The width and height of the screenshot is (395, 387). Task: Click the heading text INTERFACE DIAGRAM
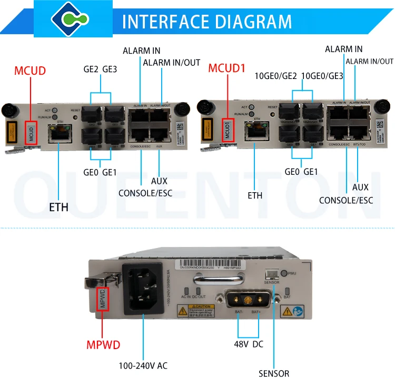(x=207, y=22)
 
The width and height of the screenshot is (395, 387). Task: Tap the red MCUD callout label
(x=30, y=71)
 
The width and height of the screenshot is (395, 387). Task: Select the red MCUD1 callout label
(x=227, y=68)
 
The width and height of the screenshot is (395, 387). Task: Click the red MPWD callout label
(x=103, y=345)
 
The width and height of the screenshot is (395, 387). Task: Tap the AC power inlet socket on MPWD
(x=143, y=288)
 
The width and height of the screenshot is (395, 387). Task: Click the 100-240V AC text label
(x=143, y=365)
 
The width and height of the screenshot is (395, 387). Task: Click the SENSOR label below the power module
(x=273, y=374)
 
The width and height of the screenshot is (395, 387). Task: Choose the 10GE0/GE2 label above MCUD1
(x=276, y=76)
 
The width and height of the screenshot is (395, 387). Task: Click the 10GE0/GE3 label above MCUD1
(x=322, y=76)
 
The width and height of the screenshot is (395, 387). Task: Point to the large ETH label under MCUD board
(x=59, y=207)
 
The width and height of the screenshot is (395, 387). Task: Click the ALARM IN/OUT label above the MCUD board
(x=172, y=63)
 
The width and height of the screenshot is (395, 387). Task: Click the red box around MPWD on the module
(x=103, y=299)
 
